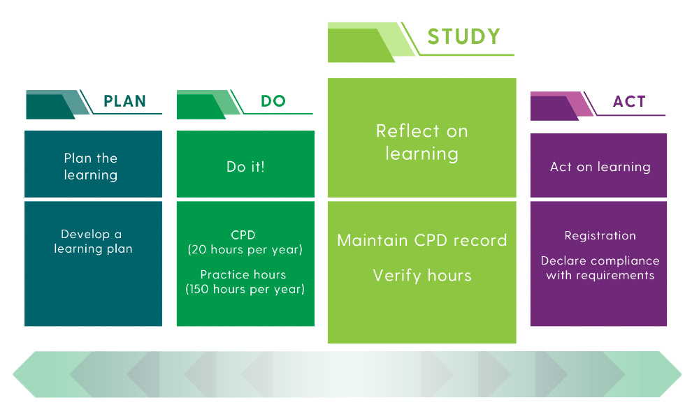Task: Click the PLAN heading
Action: click(125, 101)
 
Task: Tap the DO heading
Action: click(273, 101)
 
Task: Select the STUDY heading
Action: click(464, 36)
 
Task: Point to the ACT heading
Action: click(630, 101)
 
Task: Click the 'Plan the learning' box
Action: click(93, 164)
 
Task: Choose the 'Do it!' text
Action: click(245, 166)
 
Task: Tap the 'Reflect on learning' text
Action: click(421, 142)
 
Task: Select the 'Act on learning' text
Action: click(600, 167)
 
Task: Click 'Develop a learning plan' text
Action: click(93, 242)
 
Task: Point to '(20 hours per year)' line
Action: click(245, 249)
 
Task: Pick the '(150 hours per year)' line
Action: click(245, 289)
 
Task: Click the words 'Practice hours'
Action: click(243, 274)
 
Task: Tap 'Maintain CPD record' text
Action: click(422, 240)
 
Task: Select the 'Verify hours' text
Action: click(422, 276)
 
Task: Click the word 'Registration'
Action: click(600, 235)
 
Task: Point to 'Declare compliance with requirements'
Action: click(600, 268)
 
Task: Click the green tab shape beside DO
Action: click(208, 105)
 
